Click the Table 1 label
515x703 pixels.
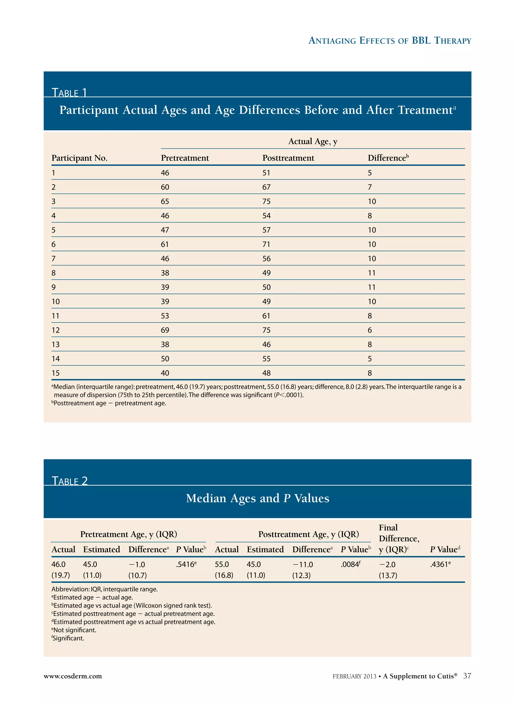pos(69,93)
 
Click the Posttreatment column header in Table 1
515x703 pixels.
pos(288,158)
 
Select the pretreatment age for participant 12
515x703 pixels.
pos(165,330)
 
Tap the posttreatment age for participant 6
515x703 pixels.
pos(266,244)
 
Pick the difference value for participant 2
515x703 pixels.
pos(370,187)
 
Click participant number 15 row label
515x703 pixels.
pos(56,373)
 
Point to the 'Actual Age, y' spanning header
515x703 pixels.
pos(313,142)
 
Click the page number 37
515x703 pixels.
pos(467,676)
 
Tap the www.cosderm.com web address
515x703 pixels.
pos(73,676)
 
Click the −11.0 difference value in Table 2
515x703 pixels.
pos(303,564)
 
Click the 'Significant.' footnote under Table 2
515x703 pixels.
pos(68,638)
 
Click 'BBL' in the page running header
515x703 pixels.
pos(421,40)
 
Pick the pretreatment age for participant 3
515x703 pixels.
pos(165,201)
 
